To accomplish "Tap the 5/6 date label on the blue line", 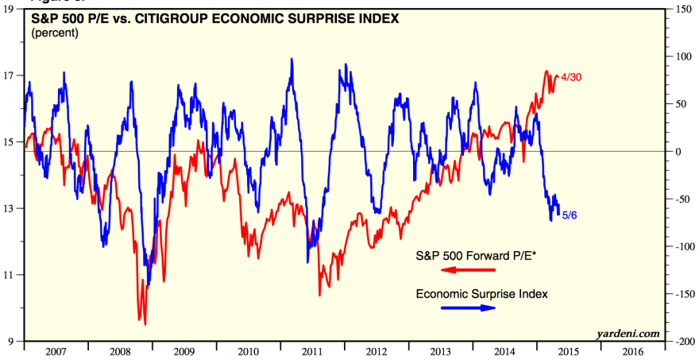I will (x=570, y=215).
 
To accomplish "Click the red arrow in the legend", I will (x=468, y=271).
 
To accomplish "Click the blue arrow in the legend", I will (x=468, y=308).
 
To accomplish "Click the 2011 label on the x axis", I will (x=311, y=350).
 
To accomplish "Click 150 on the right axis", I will (x=681, y=9).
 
